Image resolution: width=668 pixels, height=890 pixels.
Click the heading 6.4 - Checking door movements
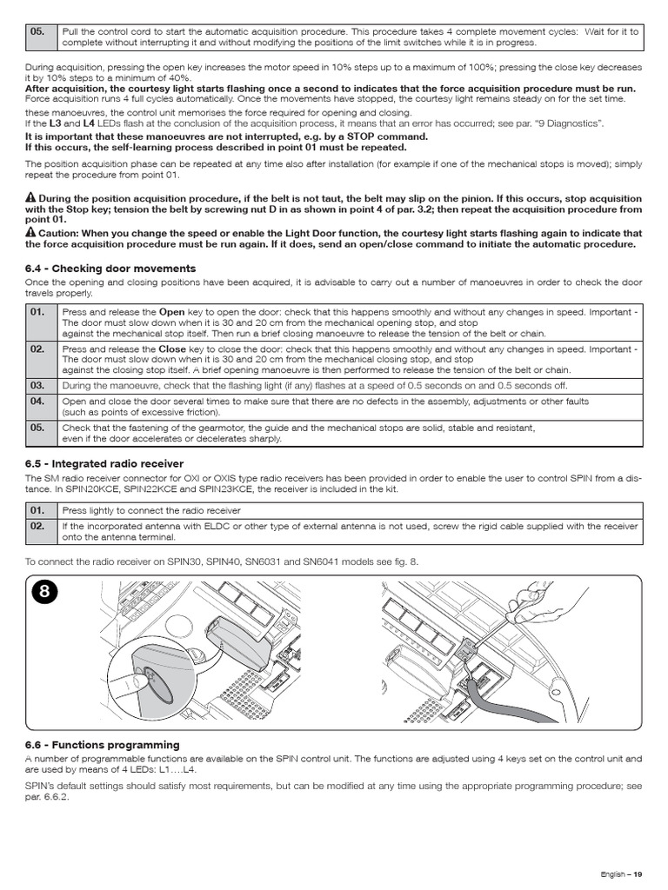click(x=110, y=269)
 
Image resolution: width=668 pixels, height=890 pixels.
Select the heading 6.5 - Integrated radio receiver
click(x=104, y=464)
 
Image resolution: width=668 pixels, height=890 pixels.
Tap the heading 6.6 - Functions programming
click(x=103, y=745)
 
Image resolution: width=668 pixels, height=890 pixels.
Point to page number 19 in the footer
click(x=637, y=873)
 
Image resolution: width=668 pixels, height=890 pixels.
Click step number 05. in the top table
click(x=37, y=31)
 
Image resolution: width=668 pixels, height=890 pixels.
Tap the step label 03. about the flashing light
click(x=37, y=385)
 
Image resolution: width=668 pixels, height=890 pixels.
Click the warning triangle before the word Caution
click(x=30, y=232)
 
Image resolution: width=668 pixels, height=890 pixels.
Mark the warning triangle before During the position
click(x=30, y=198)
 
